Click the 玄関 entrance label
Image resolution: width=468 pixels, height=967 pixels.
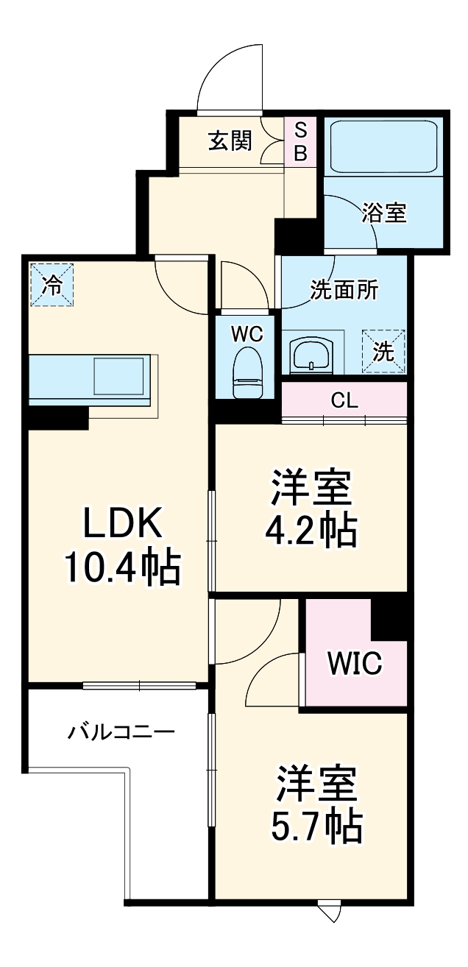(230, 141)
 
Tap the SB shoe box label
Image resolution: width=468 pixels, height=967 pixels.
(301, 141)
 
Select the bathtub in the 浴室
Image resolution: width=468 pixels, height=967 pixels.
(383, 146)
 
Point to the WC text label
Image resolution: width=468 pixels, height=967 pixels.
(247, 333)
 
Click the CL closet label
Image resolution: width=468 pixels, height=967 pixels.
(344, 401)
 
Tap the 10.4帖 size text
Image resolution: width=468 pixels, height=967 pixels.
(121, 567)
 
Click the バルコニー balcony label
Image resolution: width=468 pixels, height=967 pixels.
(121, 732)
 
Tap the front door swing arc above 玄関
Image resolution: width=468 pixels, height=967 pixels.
(230, 74)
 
